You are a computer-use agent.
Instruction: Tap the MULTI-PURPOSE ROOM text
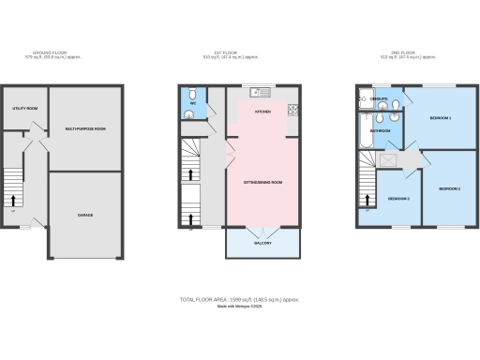click(84, 127)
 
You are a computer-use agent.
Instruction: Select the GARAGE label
click(84, 215)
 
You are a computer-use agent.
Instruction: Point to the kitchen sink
click(258, 92)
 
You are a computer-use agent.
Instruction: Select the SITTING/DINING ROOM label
click(263, 183)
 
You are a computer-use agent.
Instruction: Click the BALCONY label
click(263, 243)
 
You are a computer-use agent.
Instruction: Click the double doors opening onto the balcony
click(263, 229)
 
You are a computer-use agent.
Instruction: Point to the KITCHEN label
click(263, 111)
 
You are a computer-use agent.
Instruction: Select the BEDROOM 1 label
click(441, 118)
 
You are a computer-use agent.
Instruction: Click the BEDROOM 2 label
click(451, 189)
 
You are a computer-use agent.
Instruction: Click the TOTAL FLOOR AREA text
click(239, 300)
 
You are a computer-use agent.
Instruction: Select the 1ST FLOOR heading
click(239, 52)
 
